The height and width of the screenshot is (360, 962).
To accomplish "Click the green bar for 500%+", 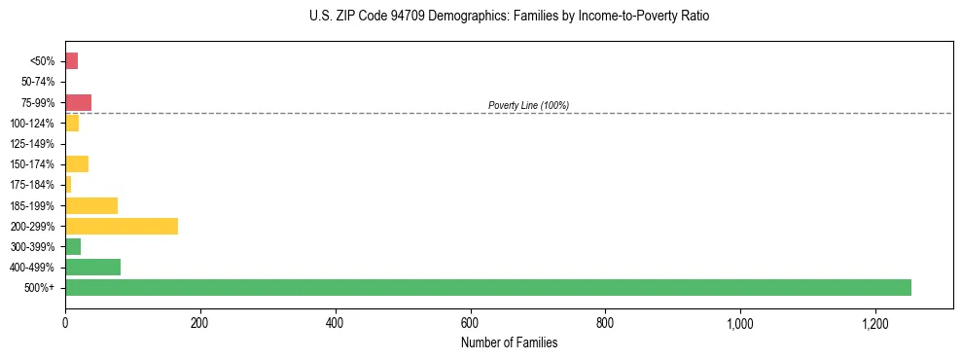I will (x=487, y=287).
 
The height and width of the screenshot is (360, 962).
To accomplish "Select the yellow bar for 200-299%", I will (x=122, y=226).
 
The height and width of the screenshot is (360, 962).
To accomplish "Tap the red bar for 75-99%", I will (x=78, y=102).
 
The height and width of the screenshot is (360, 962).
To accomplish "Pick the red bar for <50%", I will (x=71, y=61).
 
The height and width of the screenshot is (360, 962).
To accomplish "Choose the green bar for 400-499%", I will (x=92, y=267).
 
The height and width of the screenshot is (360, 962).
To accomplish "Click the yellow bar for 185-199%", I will (x=91, y=205).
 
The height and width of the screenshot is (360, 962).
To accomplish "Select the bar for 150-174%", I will (x=77, y=163).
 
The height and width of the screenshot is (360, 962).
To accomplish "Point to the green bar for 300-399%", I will (x=73, y=246).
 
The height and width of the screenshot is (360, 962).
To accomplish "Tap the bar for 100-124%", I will (x=72, y=123).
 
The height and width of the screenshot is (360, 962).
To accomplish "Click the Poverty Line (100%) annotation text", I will (x=528, y=105).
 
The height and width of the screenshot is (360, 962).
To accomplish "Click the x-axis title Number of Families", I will (x=509, y=342).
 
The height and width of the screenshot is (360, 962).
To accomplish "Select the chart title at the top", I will (x=509, y=17).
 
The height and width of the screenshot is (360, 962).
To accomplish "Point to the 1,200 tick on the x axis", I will (x=875, y=322).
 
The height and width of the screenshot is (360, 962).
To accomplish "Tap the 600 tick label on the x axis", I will (x=470, y=322).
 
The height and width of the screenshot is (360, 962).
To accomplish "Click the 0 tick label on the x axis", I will (x=65, y=322).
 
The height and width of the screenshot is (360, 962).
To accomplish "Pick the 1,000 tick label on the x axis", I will (x=740, y=322).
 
